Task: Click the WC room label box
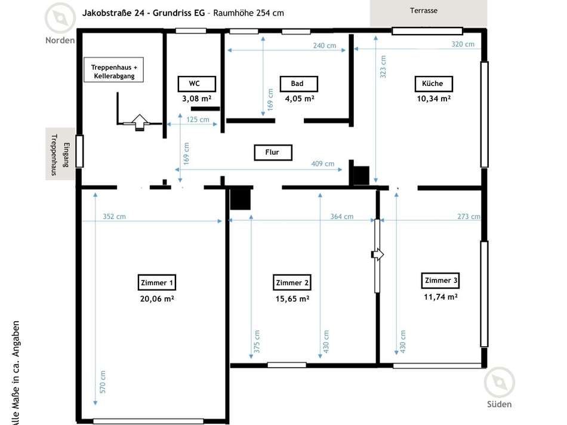[x=194, y=84]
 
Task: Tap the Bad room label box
[x=297, y=84]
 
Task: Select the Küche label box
[x=433, y=84]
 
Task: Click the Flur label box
[x=272, y=152]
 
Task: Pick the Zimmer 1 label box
[x=156, y=282]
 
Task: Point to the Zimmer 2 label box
[x=292, y=282]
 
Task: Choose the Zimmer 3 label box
[x=441, y=281]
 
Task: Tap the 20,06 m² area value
[x=156, y=298]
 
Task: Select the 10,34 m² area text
[x=433, y=98]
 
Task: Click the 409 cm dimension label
[x=323, y=164]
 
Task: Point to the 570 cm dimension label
[x=103, y=382]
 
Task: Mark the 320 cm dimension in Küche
[x=463, y=44]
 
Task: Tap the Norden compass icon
[x=60, y=19]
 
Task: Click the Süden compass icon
[x=499, y=383]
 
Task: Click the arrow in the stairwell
[x=138, y=121]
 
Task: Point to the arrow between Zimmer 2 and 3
[x=378, y=255]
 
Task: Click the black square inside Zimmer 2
[x=241, y=198]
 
